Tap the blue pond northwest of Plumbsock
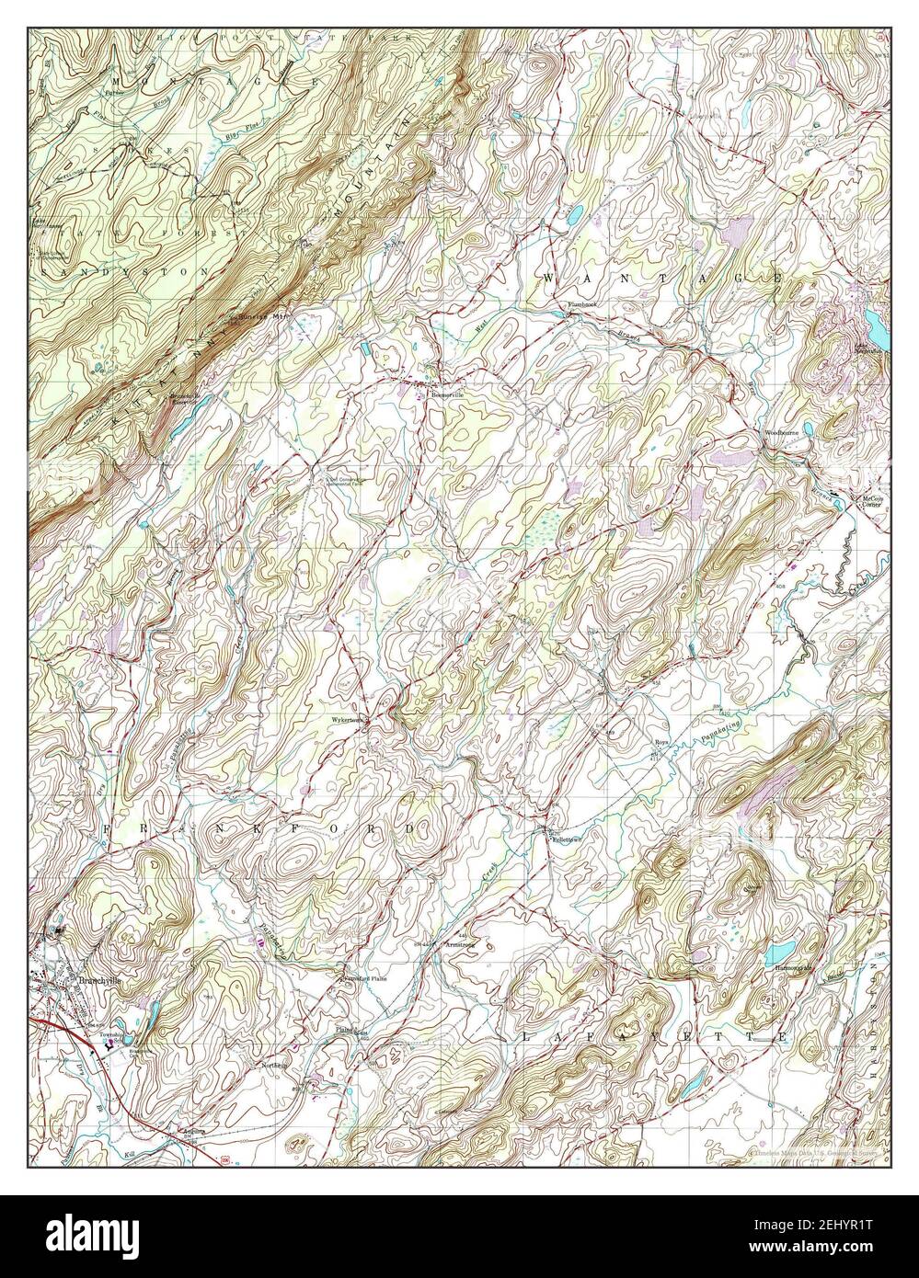(x=573, y=216)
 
